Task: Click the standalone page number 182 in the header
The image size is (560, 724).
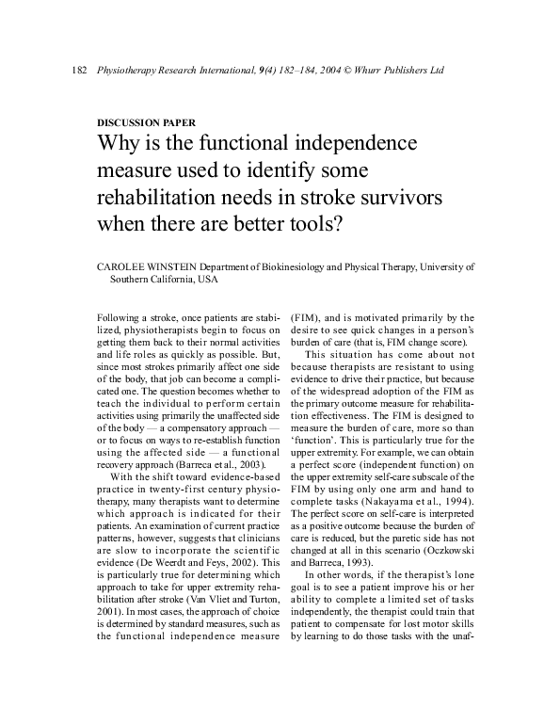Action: (79, 72)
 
